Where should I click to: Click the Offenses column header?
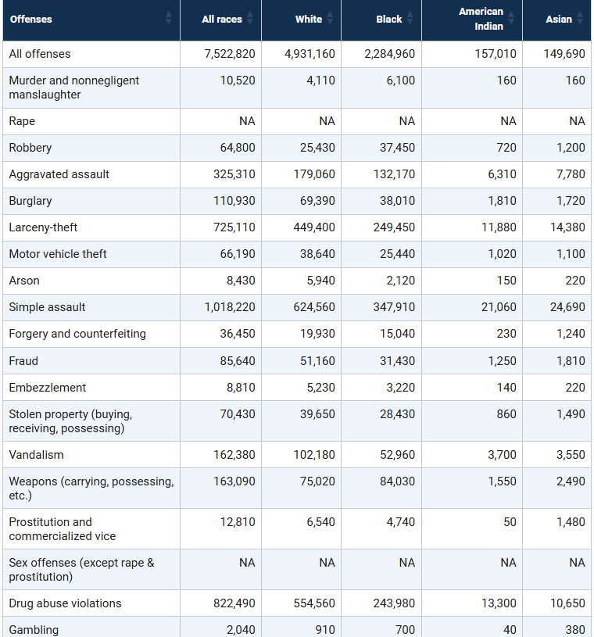[x=31, y=19]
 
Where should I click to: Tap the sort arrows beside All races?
[x=250, y=18]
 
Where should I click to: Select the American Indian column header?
[x=481, y=19]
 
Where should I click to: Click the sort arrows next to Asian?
[x=580, y=18]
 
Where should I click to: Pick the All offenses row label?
[x=40, y=54]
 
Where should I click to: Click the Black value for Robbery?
[x=397, y=148]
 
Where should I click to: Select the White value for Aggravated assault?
[x=314, y=174]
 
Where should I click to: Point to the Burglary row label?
[x=30, y=201]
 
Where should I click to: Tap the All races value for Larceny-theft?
[x=234, y=227]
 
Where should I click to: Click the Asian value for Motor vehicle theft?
[x=571, y=254]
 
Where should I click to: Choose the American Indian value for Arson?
[x=506, y=281]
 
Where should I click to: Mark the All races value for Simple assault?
[x=230, y=307]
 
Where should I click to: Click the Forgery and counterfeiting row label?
[x=77, y=334]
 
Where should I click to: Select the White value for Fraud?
[x=317, y=361]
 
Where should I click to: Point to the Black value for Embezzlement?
[x=401, y=388]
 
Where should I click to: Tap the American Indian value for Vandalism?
[x=502, y=455]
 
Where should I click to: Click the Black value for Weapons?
[x=397, y=481]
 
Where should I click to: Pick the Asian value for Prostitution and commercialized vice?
[x=571, y=522]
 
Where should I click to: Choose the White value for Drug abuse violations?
[x=314, y=603]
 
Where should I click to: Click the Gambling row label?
[x=34, y=630]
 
